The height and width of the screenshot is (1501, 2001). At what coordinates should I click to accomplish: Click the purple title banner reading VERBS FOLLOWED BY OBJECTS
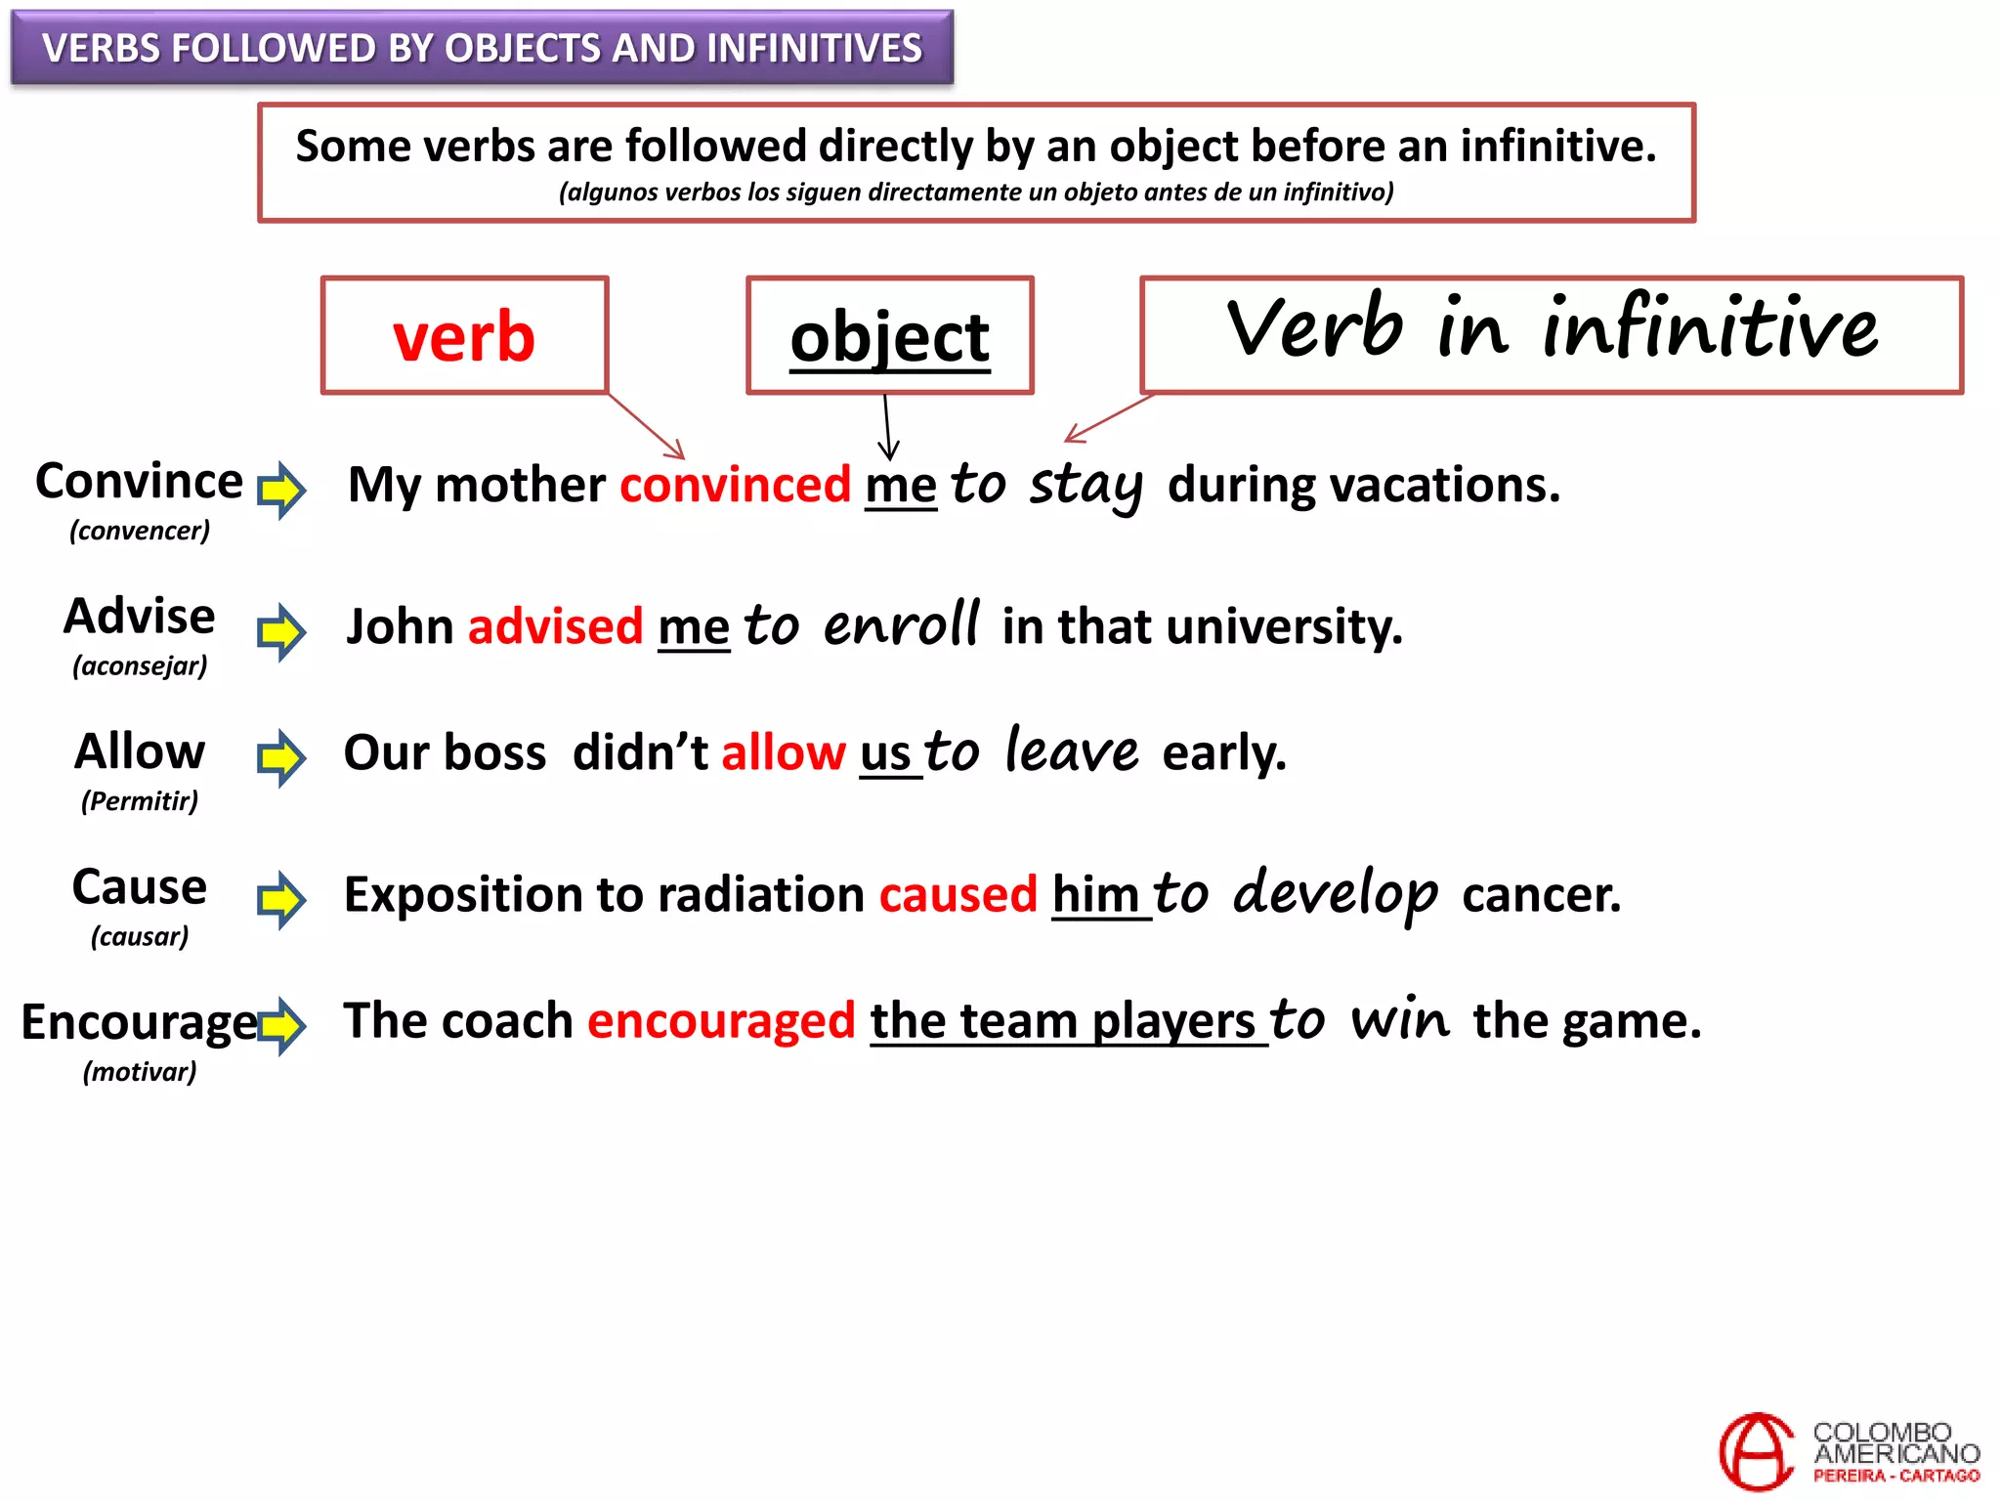pos(482,48)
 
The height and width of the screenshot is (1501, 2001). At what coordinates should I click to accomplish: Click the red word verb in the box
pos(464,336)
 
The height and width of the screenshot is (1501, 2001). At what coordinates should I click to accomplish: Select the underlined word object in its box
pos(889,337)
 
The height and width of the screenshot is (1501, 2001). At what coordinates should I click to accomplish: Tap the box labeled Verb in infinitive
pos(1551,334)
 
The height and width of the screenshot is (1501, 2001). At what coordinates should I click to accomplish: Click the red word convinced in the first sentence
pos(735,485)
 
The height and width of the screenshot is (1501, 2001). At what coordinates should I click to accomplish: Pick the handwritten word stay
pos(1086,486)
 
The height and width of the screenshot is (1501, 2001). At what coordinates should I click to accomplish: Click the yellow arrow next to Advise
pos(281,631)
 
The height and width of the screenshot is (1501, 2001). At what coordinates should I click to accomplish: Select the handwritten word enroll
pos(900,625)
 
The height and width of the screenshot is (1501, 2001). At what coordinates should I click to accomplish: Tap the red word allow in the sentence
pos(783,752)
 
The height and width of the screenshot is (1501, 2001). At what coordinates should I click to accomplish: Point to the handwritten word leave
pos(1072,750)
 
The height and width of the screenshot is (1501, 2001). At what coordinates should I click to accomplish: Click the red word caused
pos(958,894)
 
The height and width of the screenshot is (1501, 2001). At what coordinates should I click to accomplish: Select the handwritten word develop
pos(1335,893)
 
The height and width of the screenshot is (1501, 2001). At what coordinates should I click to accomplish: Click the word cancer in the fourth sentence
pos(1541,894)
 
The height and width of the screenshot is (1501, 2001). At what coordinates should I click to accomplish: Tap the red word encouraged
pos(721,1021)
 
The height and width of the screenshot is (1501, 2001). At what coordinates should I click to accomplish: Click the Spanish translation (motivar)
pos(140,1072)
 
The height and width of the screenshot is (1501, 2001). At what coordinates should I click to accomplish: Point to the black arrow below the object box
pos(887,427)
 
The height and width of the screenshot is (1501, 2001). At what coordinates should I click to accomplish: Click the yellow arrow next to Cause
pos(281,899)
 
